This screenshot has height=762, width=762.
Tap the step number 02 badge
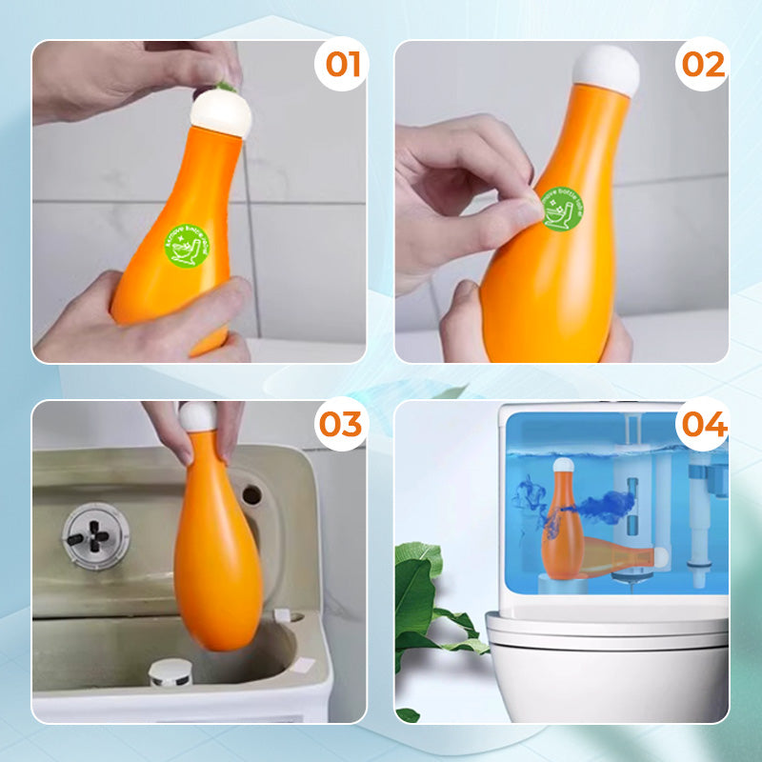(704, 65)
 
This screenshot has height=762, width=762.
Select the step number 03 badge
(340, 424)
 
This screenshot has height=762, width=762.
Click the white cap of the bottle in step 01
(220, 111)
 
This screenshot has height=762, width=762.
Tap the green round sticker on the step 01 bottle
(188, 247)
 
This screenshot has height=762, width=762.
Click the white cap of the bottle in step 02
(605, 68)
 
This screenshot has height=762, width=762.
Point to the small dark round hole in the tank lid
(251, 494)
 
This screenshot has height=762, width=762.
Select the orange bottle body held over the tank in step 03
(216, 562)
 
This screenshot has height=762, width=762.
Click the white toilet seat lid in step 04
(607, 629)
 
